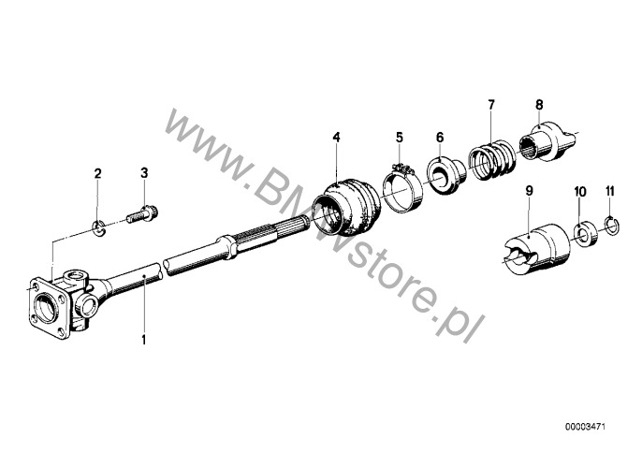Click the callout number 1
144,338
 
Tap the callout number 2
96,173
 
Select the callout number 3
144,173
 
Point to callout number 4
335,138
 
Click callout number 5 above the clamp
399,137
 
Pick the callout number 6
440,137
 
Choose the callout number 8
539,104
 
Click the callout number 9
529,191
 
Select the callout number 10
579,191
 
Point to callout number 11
609,191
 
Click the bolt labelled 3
143,214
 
